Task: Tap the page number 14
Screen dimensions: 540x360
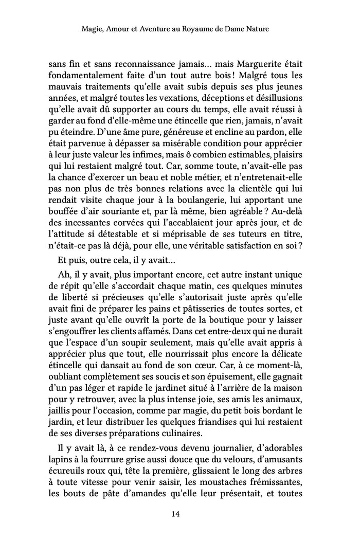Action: point(179,513)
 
